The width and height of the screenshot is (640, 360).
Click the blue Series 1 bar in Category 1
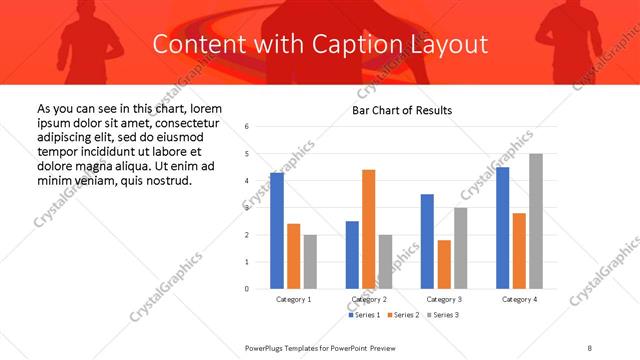pyautogui.click(x=277, y=231)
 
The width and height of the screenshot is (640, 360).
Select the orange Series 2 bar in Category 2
pyautogui.click(x=368, y=229)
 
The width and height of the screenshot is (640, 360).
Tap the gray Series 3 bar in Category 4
pyautogui.click(x=536, y=221)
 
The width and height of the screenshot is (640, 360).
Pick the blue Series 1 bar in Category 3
pyautogui.click(x=427, y=241)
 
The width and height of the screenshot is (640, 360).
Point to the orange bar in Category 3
pyautogui.click(x=444, y=264)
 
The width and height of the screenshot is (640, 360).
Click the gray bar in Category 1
pyautogui.click(x=310, y=261)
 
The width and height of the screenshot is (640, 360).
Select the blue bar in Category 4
pyautogui.click(x=503, y=228)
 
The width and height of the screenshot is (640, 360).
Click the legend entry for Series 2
pyautogui.click(x=403, y=315)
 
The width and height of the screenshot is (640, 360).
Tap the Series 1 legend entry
pyautogui.click(x=364, y=315)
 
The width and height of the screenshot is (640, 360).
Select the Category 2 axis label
pyautogui.click(x=369, y=299)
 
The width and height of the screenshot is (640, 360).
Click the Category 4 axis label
pyautogui.click(x=519, y=299)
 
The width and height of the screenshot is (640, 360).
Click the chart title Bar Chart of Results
pyautogui.click(x=402, y=110)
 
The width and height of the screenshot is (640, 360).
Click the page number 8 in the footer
pyautogui.click(x=590, y=348)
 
